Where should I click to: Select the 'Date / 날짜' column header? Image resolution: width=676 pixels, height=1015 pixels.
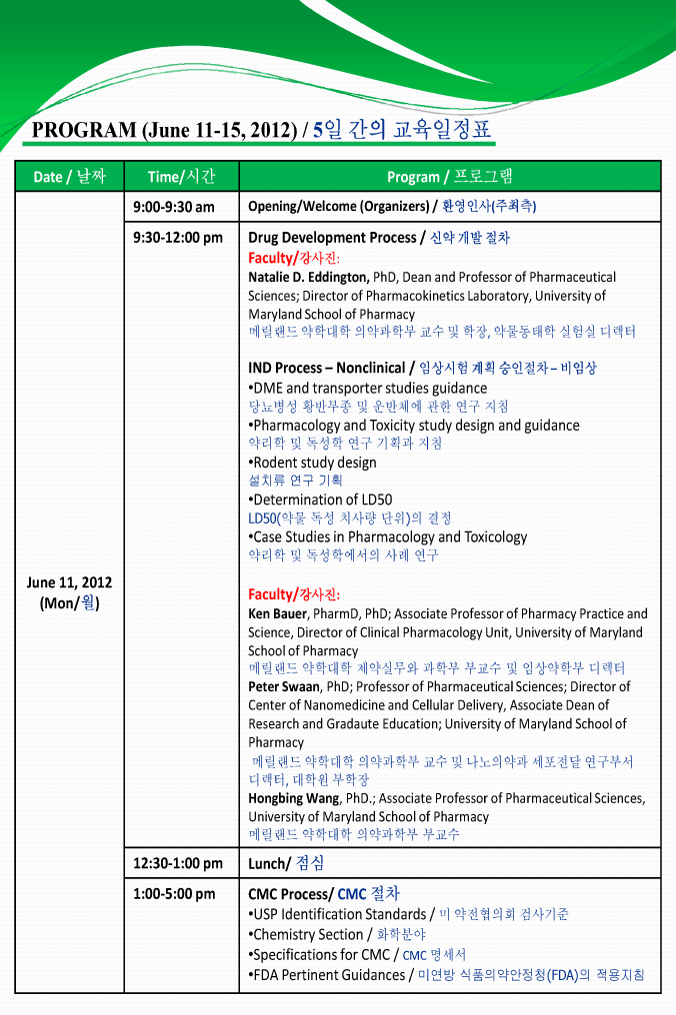pyautogui.click(x=69, y=177)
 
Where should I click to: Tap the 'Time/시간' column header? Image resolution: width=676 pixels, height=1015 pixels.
pyautogui.click(x=181, y=177)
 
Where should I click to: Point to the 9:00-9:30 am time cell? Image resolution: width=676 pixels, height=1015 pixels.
pyautogui.click(x=174, y=207)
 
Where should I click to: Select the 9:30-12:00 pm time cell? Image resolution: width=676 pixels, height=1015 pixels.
pyautogui.click(x=178, y=238)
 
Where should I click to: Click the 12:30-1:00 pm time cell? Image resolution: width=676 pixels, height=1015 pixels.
pyautogui.click(x=178, y=863)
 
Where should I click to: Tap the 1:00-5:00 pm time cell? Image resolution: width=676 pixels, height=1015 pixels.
pyautogui.click(x=174, y=894)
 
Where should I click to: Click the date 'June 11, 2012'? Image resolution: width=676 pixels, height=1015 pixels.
pyautogui.click(x=69, y=582)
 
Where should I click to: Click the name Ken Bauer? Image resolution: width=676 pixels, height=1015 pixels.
pyautogui.click(x=277, y=613)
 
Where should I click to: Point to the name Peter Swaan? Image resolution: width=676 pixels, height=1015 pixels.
pyautogui.click(x=284, y=687)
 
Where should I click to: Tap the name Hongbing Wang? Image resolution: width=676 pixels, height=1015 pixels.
pyautogui.click(x=295, y=798)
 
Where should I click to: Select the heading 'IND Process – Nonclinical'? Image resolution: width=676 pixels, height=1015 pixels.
pyautogui.click(x=326, y=369)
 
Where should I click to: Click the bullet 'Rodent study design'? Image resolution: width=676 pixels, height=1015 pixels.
pyautogui.click(x=313, y=463)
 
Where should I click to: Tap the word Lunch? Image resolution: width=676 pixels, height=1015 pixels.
pyautogui.click(x=268, y=863)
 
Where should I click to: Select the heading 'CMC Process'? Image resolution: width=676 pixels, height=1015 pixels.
pyautogui.click(x=289, y=894)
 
